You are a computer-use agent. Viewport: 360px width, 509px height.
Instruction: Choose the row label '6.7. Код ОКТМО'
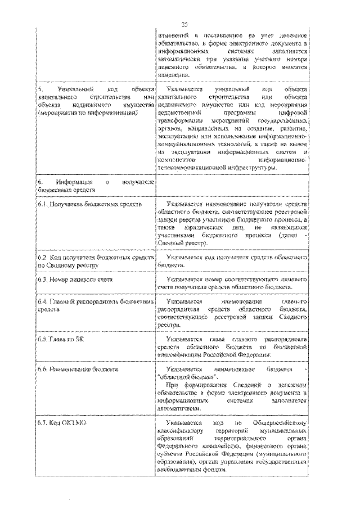58,422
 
